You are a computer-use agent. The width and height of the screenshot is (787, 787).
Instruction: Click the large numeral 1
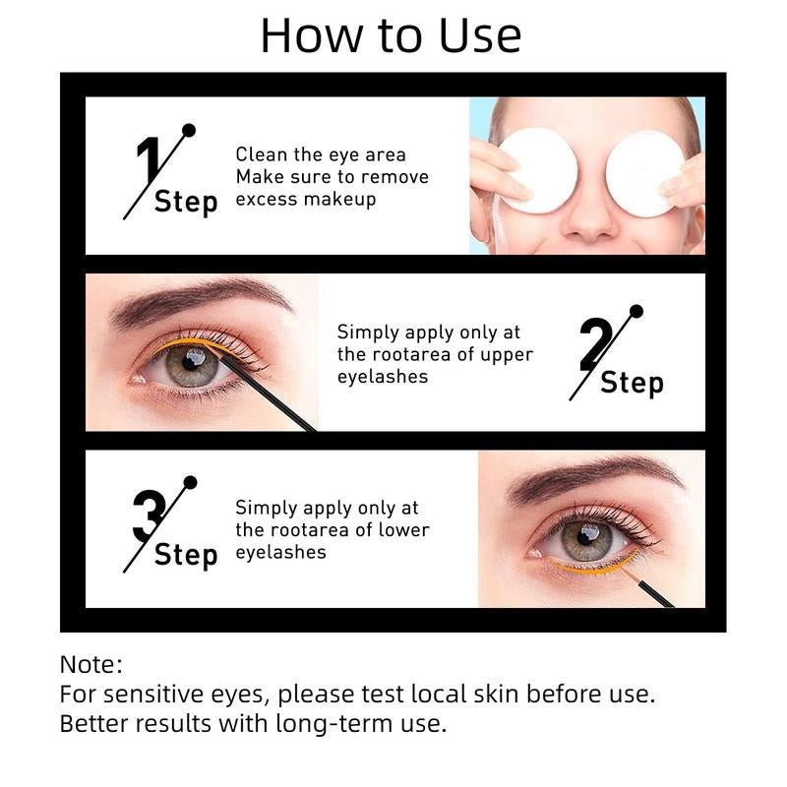point(148,162)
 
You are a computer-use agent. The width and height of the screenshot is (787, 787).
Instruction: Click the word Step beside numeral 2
point(632,383)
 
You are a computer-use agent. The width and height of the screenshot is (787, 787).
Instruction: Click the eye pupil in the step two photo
point(198,364)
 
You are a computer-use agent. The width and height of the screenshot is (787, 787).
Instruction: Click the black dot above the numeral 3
point(190,483)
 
